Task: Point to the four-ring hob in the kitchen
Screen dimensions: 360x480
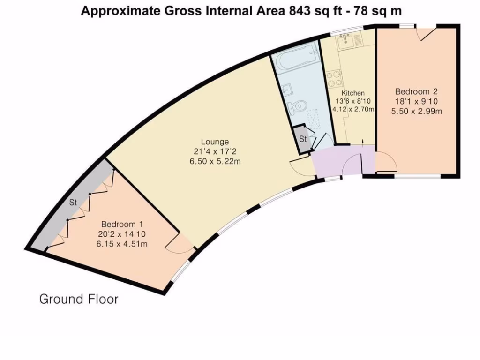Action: click(334, 79)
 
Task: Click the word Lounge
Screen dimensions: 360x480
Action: click(215, 142)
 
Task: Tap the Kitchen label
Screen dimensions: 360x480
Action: click(353, 93)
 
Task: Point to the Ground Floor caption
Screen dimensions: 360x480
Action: click(79, 299)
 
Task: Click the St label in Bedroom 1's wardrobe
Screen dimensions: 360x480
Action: click(73, 203)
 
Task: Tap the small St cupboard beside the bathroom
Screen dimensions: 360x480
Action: click(303, 140)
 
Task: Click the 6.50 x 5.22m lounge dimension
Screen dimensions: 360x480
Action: click(215, 162)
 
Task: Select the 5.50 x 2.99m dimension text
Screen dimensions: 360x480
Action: click(417, 112)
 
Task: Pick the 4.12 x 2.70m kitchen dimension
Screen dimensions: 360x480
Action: click(353, 110)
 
